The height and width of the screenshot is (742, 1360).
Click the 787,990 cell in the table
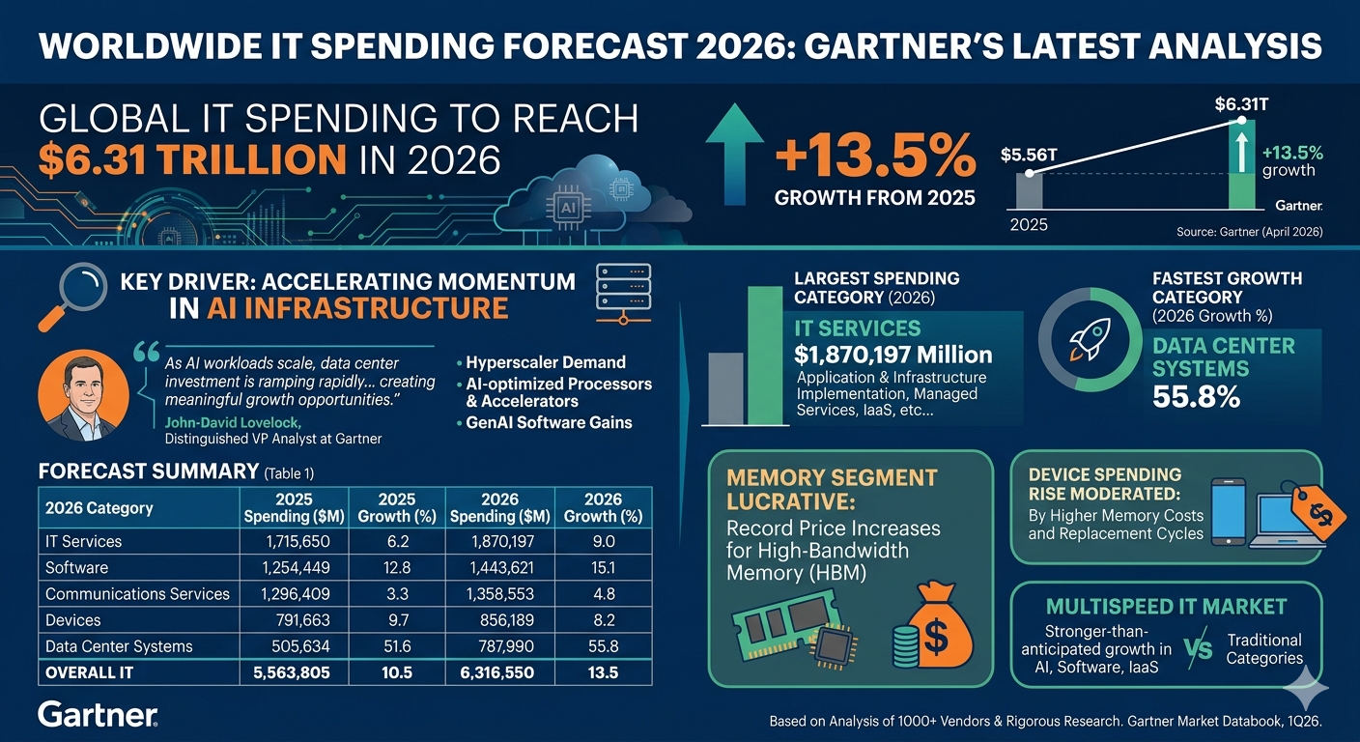500,646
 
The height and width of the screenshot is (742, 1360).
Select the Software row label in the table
77,567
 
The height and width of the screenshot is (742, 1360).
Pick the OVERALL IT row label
89,672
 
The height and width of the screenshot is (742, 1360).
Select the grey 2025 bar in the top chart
1029,191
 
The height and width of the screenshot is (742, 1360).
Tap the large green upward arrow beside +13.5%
734,155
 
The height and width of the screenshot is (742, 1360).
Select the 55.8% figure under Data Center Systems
1196,396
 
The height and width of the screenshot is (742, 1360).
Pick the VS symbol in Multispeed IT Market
1198,649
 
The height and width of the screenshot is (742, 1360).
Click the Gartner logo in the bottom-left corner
97,715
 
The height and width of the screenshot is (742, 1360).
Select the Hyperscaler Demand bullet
545,362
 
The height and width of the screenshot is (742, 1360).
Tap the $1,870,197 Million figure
892,355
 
